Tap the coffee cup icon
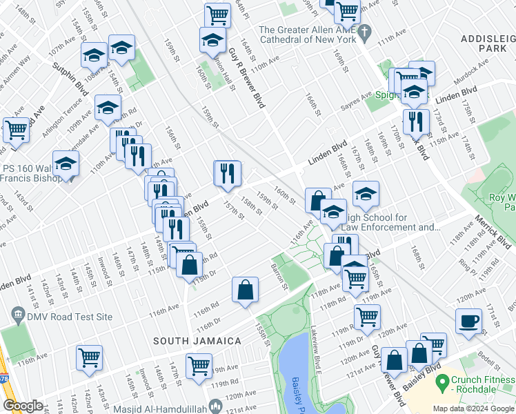click(x=469, y=322)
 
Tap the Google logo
click(x=23, y=406)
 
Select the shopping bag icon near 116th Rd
click(x=246, y=290)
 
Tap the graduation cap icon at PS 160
click(x=66, y=164)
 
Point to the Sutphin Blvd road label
click(x=71, y=77)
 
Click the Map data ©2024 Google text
click(x=473, y=408)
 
